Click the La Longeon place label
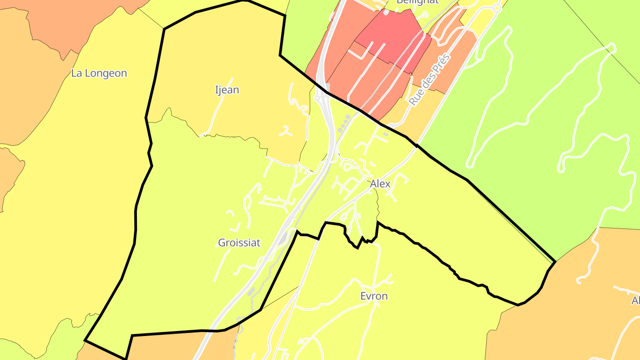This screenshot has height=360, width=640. click(x=99, y=73)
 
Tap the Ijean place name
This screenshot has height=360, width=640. click(x=227, y=90)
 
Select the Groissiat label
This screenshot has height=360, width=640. click(x=239, y=243)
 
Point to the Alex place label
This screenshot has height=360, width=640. click(x=380, y=184)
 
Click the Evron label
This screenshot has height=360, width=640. click(x=374, y=296)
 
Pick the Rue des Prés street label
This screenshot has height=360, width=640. click(x=429, y=80)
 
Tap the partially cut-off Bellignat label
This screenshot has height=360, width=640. click(x=417, y=2)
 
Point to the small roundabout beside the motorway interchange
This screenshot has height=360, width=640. click(x=317, y=97)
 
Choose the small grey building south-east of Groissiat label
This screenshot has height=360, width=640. click(x=251, y=291)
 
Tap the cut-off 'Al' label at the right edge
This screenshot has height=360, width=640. click(x=636, y=301)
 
